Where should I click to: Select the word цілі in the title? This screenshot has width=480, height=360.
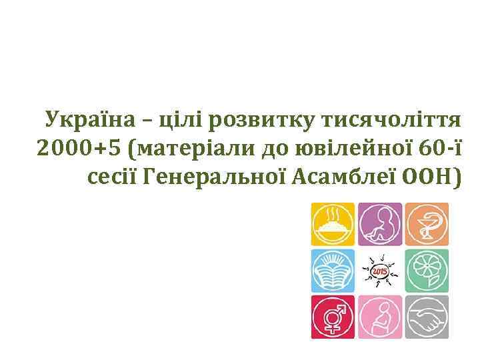(181, 120)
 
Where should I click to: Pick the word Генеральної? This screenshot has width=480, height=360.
(211, 177)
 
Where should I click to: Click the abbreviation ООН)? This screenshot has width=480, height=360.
(435, 177)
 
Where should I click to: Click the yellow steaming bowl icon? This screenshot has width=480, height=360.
(333, 225)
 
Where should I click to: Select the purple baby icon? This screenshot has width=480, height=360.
(380, 225)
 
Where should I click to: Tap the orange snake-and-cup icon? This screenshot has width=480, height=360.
(427, 225)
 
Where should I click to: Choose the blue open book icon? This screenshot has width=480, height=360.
(333, 271)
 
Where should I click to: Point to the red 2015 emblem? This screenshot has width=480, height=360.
(380, 271)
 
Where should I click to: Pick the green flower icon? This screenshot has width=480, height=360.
(427, 271)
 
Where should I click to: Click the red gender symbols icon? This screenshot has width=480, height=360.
(333, 317)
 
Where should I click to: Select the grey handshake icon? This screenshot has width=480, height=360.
(427, 317)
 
